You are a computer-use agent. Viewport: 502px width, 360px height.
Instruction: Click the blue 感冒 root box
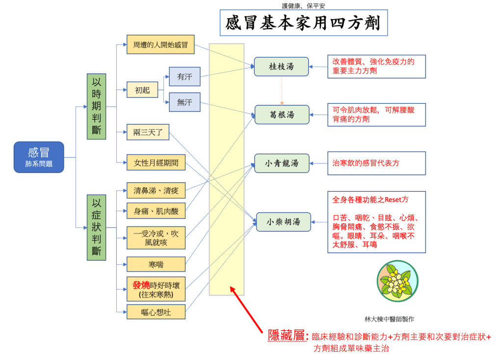click(x=39, y=157)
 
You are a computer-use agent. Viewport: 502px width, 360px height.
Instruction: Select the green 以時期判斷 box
click(x=96, y=106)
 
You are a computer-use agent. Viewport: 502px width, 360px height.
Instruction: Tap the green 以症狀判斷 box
click(x=96, y=227)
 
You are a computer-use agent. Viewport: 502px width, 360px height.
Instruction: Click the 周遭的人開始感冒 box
click(x=160, y=45)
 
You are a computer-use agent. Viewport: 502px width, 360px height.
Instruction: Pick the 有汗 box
click(x=185, y=77)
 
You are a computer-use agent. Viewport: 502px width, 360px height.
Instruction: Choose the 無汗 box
click(x=185, y=102)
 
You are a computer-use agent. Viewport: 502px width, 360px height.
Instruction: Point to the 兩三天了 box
click(x=148, y=132)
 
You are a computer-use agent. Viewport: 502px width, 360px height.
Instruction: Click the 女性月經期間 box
click(x=156, y=163)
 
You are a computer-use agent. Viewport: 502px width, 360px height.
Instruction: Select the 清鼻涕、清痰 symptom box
click(x=156, y=190)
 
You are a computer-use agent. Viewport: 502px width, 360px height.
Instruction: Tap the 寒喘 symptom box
click(x=156, y=264)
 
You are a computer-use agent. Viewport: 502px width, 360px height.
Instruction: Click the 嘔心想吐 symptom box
click(x=156, y=311)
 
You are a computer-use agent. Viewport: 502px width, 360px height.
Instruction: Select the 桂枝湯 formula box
click(x=281, y=66)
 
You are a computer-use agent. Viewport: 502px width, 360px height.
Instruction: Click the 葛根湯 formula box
click(x=282, y=114)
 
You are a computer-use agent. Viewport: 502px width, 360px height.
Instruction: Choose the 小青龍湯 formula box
click(x=282, y=163)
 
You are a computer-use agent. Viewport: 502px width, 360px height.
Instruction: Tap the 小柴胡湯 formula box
click(x=283, y=222)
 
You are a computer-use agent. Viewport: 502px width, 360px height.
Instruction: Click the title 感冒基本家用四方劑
click(x=303, y=24)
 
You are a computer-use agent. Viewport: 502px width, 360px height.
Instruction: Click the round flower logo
click(x=397, y=281)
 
